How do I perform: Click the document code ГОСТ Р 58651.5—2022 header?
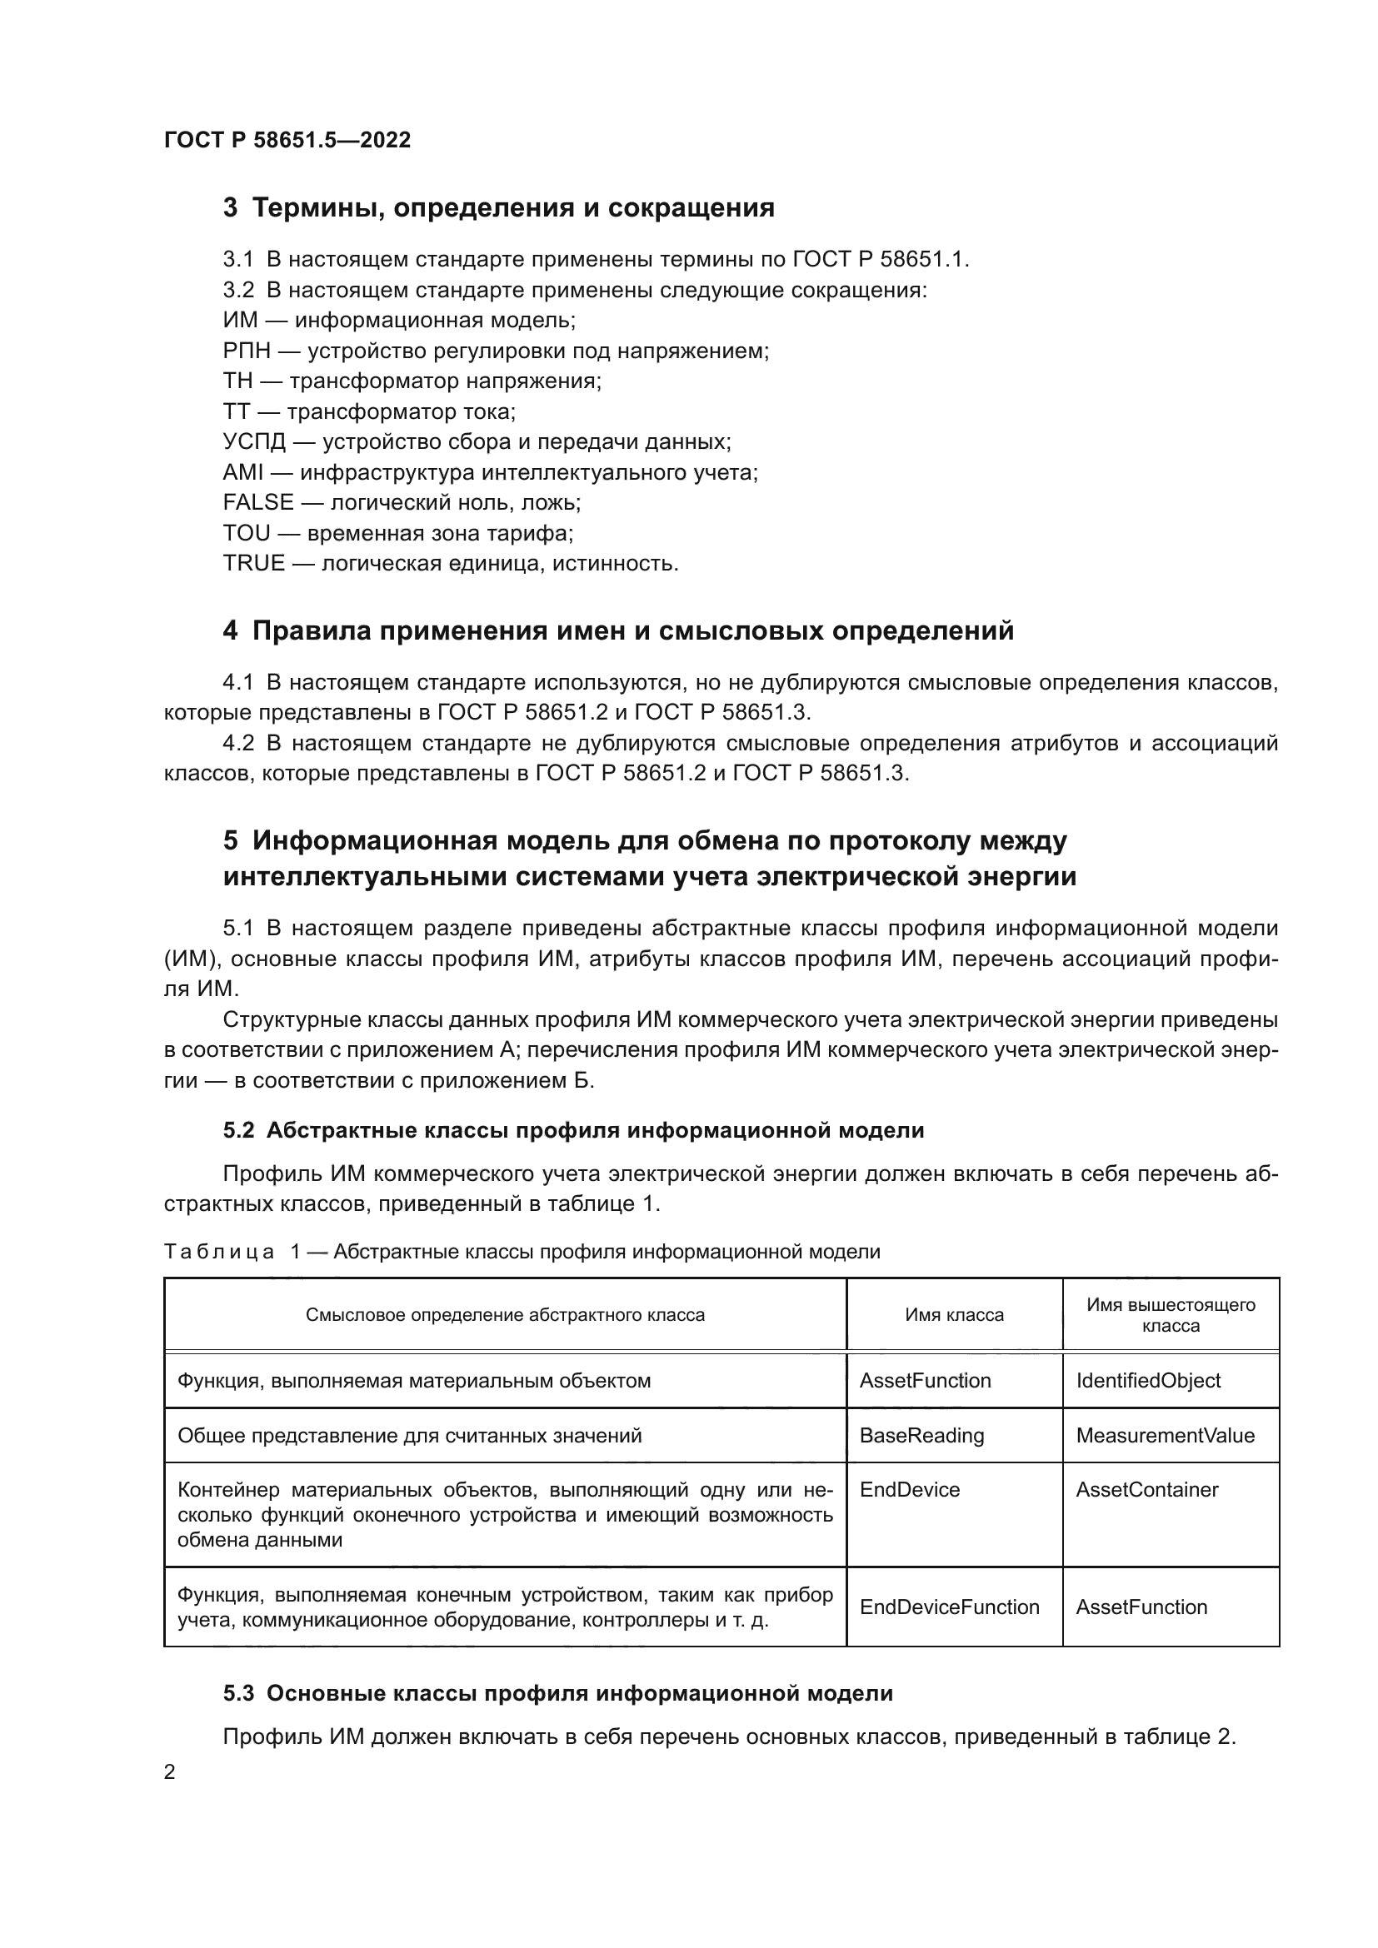point(287,140)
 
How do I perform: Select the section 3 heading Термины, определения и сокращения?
point(499,208)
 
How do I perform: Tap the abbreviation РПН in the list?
point(246,351)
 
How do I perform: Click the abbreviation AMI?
point(243,472)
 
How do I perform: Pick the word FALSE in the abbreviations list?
point(258,502)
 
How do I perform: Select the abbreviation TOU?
point(246,533)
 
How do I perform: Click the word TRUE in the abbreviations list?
point(254,563)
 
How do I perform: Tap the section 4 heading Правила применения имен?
point(618,631)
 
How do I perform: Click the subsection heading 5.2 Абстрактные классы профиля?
point(573,1130)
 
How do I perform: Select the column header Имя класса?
point(954,1315)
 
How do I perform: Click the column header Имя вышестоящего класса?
point(1170,1315)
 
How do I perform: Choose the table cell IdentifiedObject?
point(1148,1380)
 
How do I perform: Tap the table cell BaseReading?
point(921,1436)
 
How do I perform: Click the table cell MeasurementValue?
point(1165,1436)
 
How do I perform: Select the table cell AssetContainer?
point(1146,1490)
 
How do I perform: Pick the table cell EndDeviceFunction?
point(949,1607)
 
